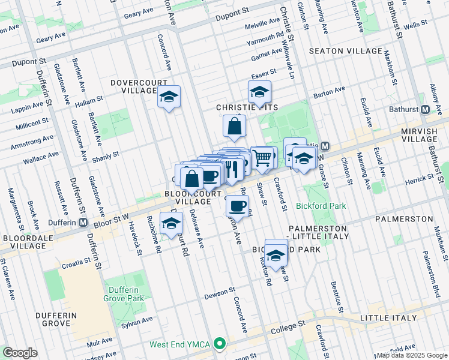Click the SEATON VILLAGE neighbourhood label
point(345,51)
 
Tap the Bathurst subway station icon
point(425,110)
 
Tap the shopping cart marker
point(262,158)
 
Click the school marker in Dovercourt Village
point(169,97)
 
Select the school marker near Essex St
point(259,92)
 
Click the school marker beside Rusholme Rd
point(171,223)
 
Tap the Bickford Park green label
point(321,206)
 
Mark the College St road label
point(285,327)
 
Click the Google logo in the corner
point(20,352)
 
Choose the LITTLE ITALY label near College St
point(388,317)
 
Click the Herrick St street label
point(418,179)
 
